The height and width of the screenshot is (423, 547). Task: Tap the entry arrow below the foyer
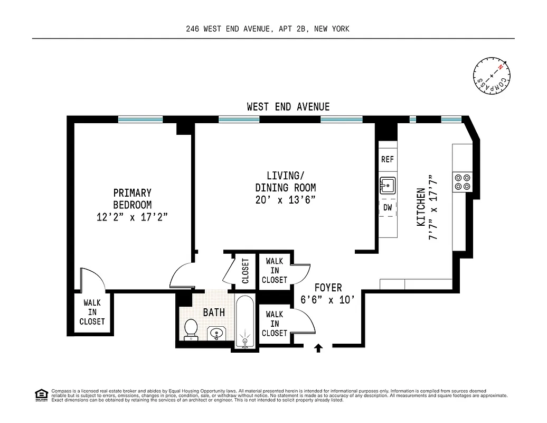point(318,348)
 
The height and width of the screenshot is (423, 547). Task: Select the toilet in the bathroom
point(190,330)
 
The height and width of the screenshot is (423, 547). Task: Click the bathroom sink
point(216,334)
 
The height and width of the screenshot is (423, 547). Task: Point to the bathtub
point(244,323)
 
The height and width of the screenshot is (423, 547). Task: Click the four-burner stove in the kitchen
point(463,182)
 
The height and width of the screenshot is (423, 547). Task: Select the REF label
point(387,159)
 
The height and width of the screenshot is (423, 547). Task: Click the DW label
point(387,208)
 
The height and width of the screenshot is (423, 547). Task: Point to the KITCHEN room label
point(421,207)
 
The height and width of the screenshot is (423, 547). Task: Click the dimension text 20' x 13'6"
point(286,200)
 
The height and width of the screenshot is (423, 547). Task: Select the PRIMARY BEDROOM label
point(132,199)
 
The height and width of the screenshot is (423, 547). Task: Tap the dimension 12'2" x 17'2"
point(132,217)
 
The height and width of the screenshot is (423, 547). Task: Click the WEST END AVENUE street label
point(288,107)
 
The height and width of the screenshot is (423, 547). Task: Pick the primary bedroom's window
point(140,119)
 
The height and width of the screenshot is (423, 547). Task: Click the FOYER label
point(328,288)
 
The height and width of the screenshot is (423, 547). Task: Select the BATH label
point(214,312)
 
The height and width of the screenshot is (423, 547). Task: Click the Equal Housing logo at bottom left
point(41,394)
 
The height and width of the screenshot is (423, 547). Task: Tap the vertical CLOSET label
point(245,271)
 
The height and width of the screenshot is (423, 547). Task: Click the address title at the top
point(268,29)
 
